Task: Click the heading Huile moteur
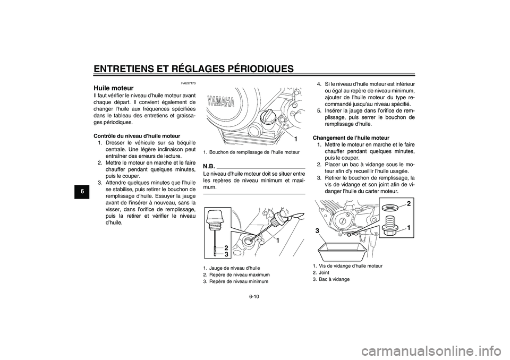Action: coord(113,88)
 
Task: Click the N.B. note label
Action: coord(209,166)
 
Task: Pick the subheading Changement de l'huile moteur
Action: coord(351,138)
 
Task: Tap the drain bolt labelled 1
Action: coord(390,227)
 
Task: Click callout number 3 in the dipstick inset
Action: coord(226,254)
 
